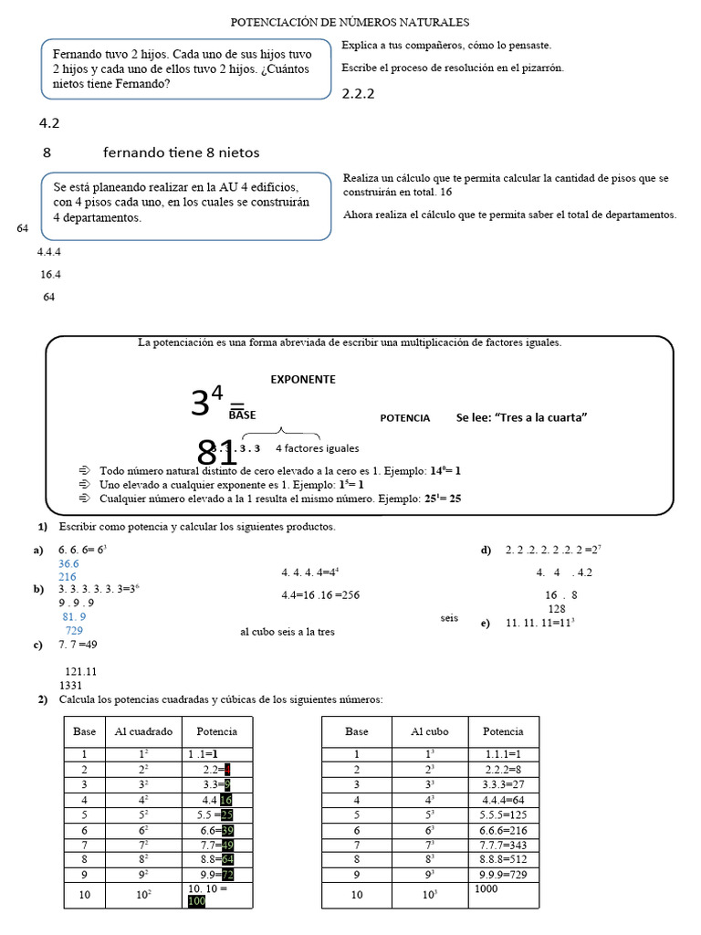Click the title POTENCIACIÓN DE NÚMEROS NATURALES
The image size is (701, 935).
point(350,21)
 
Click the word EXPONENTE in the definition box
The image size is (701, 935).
point(302,379)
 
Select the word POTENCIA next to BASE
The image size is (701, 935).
point(404,417)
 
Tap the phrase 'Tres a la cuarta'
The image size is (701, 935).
point(521,417)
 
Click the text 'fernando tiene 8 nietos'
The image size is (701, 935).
point(187,152)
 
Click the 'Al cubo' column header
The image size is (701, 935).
point(430,731)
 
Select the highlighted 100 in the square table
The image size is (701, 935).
point(197,901)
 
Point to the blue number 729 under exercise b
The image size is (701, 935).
point(74,631)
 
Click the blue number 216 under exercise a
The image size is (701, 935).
point(68,577)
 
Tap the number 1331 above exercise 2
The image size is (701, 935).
point(71,685)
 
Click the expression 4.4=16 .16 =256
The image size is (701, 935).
point(320,595)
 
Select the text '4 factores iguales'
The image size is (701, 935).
point(317,448)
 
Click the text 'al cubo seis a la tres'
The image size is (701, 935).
point(288,631)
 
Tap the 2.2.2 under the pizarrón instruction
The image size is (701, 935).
point(359,93)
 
